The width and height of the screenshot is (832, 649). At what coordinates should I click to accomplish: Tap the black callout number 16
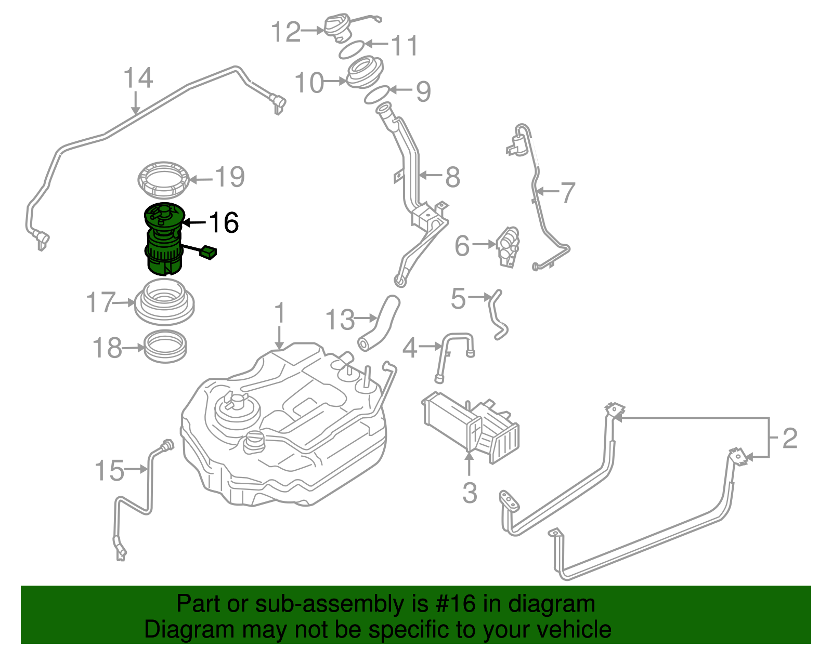pos(223,222)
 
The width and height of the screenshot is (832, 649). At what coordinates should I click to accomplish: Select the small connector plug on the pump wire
pos(209,253)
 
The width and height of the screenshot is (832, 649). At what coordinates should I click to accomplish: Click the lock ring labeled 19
pos(163,180)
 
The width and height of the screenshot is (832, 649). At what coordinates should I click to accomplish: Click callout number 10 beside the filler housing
pos(309,83)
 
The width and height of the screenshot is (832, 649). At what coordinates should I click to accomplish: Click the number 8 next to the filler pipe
pos(452,177)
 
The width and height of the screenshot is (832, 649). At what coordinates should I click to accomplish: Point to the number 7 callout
pos(567,193)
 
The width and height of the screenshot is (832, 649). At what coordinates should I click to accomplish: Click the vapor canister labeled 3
pos(471,423)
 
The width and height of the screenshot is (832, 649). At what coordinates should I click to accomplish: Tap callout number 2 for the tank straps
pos(789,438)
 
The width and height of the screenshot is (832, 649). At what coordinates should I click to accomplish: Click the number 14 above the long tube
pos(138,78)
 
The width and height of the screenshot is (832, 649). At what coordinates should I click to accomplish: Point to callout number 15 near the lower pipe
pos(109,470)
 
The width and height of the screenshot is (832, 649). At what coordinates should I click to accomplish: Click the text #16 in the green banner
pos(453,604)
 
